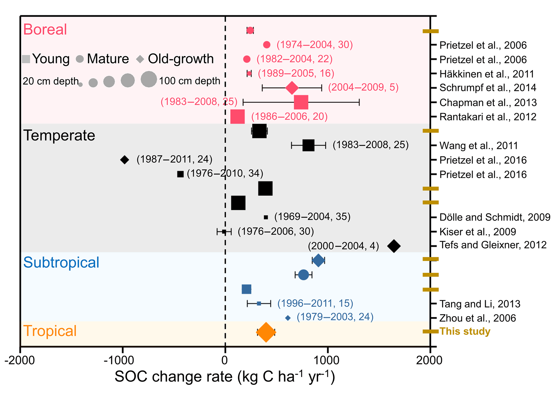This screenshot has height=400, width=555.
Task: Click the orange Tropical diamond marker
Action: (x=266, y=332)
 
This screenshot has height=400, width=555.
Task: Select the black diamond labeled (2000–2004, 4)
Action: (x=394, y=246)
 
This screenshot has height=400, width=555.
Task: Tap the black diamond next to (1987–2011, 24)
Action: (x=124, y=160)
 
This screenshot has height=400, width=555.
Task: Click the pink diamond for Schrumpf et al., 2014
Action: (x=292, y=88)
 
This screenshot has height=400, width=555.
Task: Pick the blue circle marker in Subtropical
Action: (x=303, y=275)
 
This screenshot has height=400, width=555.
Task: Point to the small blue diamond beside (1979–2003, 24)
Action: (x=288, y=318)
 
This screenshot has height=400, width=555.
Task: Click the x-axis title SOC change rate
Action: (x=225, y=377)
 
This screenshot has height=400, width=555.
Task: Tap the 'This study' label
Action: (x=465, y=331)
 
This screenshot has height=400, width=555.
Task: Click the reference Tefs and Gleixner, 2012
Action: (x=493, y=245)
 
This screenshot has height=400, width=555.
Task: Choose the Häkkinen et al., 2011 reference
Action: (x=487, y=74)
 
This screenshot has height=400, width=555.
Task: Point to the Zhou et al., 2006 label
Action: (x=477, y=318)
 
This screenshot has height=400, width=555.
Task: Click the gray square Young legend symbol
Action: (x=26, y=59)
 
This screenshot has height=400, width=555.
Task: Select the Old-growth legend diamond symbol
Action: (x=140, y=59)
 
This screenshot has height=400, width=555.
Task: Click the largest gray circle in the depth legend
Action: (x=148, y=79)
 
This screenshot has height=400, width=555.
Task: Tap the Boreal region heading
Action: (x=45, y=29)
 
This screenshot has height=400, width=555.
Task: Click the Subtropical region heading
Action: (x=61, y=262)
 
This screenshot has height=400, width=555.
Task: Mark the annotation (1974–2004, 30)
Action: (x=315, y=45)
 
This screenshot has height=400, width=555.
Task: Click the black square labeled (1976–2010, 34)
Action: (x=180, y=174)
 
